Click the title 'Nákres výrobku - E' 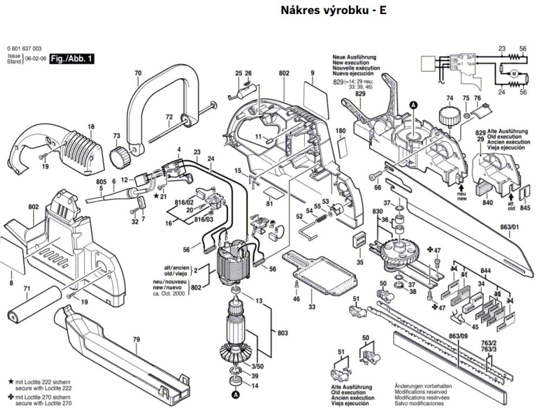[334, 10]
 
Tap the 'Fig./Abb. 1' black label [72, 58]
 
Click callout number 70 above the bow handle [137, 73]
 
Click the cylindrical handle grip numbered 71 [34, 306]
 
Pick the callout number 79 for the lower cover [136, 340]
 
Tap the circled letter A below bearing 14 [236, 395]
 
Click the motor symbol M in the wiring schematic [513, 73]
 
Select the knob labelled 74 [448, 116]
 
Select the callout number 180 [340, 131]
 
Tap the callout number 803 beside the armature [282, 333]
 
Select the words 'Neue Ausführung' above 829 [353, 56]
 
